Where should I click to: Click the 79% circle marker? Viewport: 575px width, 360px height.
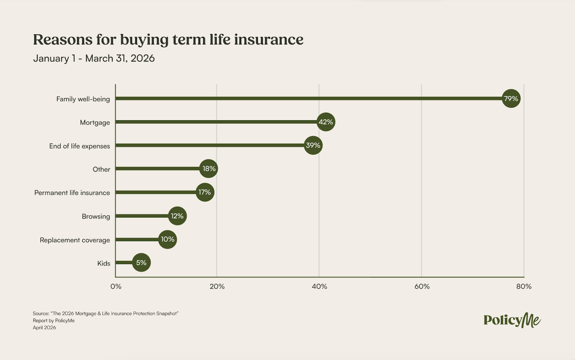pos(511,99)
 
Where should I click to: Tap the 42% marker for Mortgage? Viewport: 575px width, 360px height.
pos(326,122)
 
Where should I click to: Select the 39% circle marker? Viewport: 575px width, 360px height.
pos(313,145)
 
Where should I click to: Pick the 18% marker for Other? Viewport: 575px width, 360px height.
pos(209,169)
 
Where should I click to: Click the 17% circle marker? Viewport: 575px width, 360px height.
pos(205,192)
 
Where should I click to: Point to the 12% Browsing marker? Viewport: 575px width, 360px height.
pos(177,216)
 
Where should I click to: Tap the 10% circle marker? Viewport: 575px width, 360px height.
pos(167,239)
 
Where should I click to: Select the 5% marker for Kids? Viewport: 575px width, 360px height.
pos(141,263)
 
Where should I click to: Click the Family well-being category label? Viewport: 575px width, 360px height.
pos(83,99)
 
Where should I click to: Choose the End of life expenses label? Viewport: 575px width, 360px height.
pos(80,146)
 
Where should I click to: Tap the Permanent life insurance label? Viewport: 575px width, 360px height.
pos(72,193)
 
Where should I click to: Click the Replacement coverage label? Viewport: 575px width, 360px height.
pos(75,240)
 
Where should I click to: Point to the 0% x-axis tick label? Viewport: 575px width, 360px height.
pos(116,287)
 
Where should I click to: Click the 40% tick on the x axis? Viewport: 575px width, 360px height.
pos(319,287)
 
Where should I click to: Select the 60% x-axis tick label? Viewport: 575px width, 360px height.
pos(422,287)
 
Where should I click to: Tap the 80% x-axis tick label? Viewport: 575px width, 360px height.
pos(524,287)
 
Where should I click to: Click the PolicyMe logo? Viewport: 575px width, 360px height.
pos(512,320)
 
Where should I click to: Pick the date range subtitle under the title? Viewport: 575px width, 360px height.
pos(94,58)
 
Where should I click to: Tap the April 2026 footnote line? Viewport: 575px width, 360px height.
pos(44,328)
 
